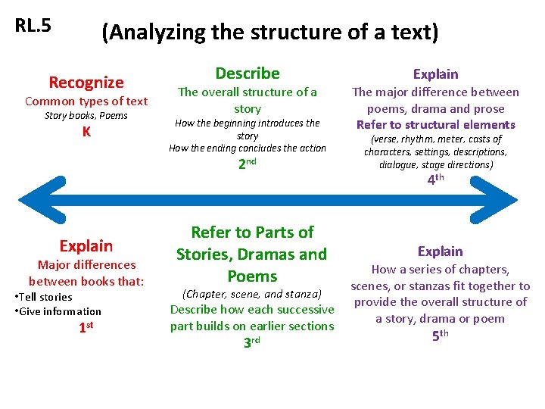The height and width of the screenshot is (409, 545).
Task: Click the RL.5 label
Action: pyautogui.click(x=33, y=25)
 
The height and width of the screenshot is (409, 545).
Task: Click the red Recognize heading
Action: pyautogui.click(x=86, y=82)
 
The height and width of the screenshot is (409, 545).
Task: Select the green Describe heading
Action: pyautogui.click(x=248, y=73)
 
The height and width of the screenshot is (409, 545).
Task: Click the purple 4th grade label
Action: pyautogui.click(x=435, y=180)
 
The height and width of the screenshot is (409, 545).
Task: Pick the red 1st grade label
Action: pyautogui.click(x=86, y=328)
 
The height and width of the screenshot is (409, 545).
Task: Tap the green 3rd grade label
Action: pyautogui.click(x=251, y=342)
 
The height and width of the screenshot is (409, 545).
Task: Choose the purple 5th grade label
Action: pyautogui.click(x=440, y=335)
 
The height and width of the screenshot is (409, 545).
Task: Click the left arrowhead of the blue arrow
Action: pyautogui.click(x=42, y=198)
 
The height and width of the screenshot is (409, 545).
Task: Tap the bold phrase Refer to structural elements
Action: pyautogui.click(x=435, y=125)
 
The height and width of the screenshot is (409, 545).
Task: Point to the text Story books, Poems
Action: pyautogui.click(x=86, y=116)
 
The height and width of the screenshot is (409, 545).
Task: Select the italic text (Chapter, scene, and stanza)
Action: pyautogui.click(x=251, y=293)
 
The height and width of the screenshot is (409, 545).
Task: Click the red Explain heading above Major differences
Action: pyautogui.click(x=86, y=246)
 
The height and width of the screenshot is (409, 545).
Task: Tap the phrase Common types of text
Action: pyautogui.click(x=86, y=101)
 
